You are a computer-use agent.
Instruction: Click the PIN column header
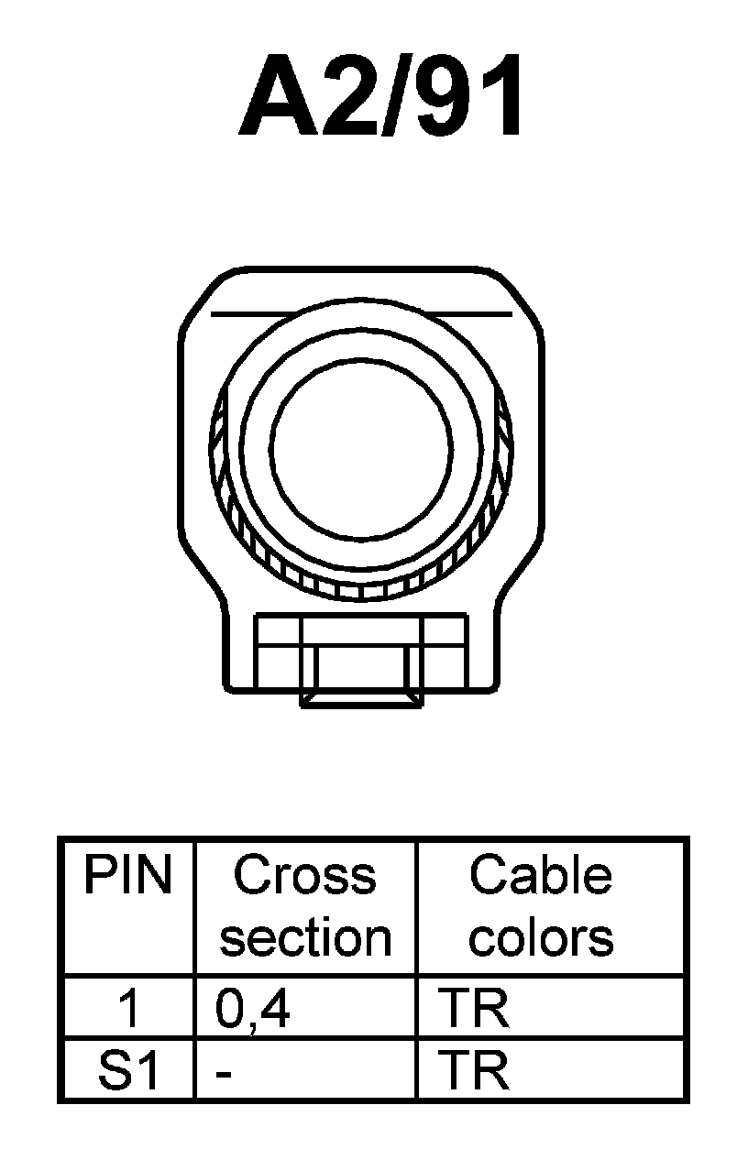[x=127, y=876]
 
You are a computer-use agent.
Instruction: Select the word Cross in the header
[x=304, y=876]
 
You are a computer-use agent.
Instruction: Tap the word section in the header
[x=305, y=937]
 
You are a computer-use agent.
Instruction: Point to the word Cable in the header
[x=540, y=876]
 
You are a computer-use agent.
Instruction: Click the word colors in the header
[x=541, y=937]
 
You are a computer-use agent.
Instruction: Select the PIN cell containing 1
[x=129, y=1009]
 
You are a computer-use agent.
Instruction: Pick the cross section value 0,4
[x=253, y=1009]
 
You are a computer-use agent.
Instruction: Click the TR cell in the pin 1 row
[x=474, y=1009]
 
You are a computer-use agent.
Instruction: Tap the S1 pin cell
[x=127, y=1070]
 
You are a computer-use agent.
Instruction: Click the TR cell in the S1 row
[x=474, y=1070]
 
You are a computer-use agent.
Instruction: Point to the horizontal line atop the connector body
[x=361, y=314]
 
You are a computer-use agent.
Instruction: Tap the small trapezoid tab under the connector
[x=362, y=700]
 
